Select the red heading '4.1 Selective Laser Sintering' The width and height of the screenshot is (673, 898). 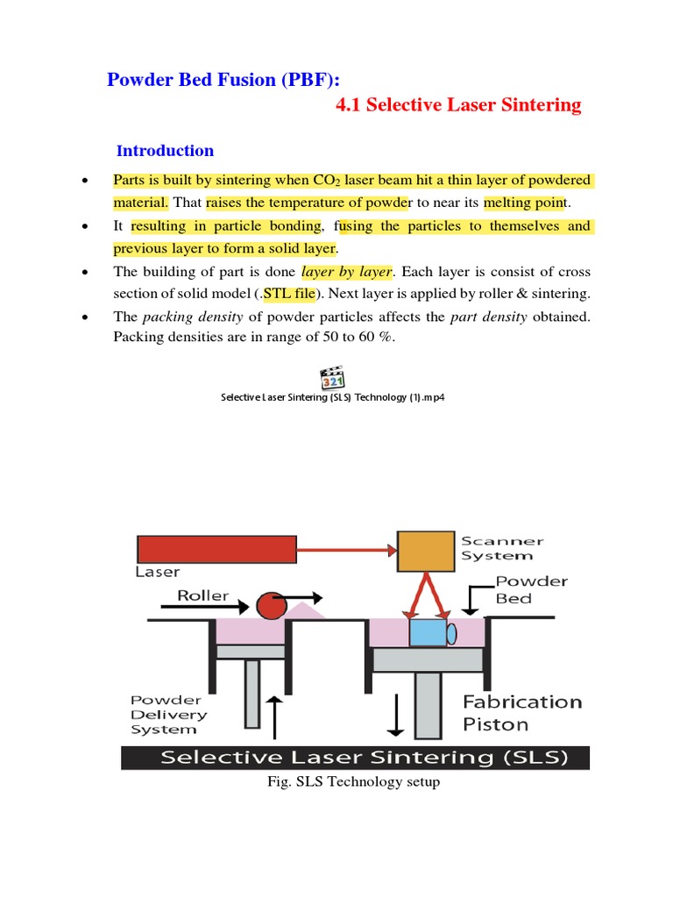pos(458,105)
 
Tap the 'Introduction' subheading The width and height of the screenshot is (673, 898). pos(165,150)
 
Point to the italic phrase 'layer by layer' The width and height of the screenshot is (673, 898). pos(346,271)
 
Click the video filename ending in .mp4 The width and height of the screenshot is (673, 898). pos(332,397)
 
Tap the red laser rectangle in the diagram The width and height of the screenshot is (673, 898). pos(216,549)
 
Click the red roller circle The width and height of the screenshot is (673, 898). pos(271,606)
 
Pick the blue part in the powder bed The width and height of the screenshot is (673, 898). pos(428,632)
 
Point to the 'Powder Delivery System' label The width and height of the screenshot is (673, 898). pos(166,714)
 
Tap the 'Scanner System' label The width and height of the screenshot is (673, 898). pos(502,548)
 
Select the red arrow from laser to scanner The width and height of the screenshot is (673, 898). pos(346,550)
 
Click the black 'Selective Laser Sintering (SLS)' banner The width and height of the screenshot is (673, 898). pos(355,758)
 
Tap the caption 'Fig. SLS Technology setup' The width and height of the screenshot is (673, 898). pos(353,781)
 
